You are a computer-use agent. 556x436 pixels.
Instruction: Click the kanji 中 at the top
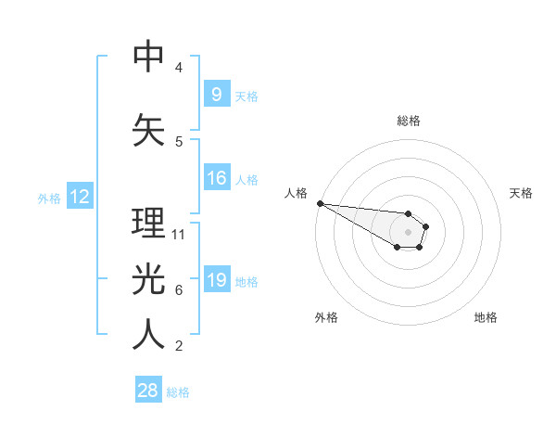click(x=149, y=58)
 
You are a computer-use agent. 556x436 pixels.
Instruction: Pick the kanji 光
click(x=149, y=279)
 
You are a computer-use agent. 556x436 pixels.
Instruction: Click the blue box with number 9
click(x=216, y=95)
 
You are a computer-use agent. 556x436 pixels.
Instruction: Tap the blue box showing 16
click(x=216, y=178)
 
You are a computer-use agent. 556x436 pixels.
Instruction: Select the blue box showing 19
click(x=216, y=280)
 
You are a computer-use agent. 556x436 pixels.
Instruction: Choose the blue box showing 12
click(x=79, y=197)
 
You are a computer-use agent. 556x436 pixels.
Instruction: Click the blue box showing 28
click(x=148, y=391)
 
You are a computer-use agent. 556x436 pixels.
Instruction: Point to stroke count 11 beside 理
click(x=179, y=234)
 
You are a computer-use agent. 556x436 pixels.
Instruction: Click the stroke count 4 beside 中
click(x=179, y=68)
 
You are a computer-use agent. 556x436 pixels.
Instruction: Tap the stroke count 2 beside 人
click(x=179, y=346)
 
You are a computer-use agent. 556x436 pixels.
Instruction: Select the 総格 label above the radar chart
click(x=409, y=121)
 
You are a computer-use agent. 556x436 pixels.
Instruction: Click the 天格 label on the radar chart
click(x=522, y=193)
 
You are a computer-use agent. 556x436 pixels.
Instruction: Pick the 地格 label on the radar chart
click(x=486, y=317)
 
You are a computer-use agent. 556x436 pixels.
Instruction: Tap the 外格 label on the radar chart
click(x=326, y=317)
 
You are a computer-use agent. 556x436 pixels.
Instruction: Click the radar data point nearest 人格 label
click(x=320, y=203)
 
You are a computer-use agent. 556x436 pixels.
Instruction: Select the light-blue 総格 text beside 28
click(x=178, y=392)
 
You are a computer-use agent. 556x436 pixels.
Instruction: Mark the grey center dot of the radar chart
click(x=408, y=232)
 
